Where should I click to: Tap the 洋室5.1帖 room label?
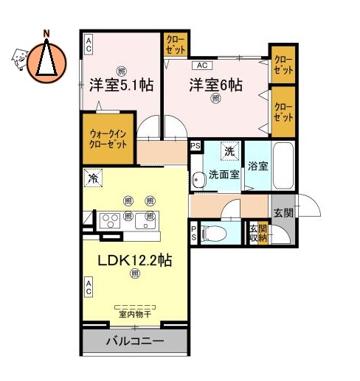click(122, 84)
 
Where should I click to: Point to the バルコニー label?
click(134, 341)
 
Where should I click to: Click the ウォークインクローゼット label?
click(108, 139)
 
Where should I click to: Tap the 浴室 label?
click(257, 166)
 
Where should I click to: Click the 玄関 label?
click(283, 213)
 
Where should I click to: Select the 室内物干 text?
click(135, 314)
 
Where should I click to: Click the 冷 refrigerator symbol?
click(93, 178)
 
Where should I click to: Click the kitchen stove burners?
click(111, 219)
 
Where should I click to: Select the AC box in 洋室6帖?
click(202, 64)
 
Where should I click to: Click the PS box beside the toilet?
click(194, 233)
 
